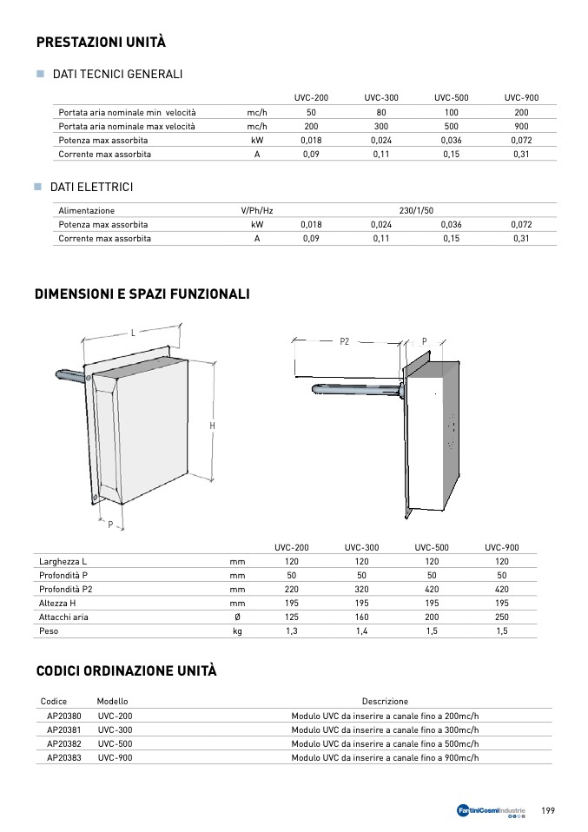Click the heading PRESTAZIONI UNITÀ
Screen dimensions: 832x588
tap(101, 43)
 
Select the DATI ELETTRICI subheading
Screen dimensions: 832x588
tap(91, 188)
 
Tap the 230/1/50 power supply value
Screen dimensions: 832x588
tap(416, 210)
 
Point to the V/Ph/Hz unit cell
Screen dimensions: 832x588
tap(257, 210)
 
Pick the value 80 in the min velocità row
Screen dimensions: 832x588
tap(381, 113)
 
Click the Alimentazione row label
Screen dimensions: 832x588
tap(86, 210)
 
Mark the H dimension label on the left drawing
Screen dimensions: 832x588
tap(212, 426)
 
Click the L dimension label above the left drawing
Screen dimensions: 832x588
tap(133, 333)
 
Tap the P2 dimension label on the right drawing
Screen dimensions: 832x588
tap(345, 341)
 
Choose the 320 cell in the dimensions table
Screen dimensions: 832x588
tap(361, 590)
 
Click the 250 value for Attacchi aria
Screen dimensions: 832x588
tap(502, 617)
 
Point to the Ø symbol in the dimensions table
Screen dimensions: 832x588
tap(237, 617)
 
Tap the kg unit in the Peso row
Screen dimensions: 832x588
tap(237, 631)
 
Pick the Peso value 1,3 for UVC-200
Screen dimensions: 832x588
tap(292, 631)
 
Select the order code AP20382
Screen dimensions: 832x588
tap(63, 743)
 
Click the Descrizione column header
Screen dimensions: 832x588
tap(385, 702)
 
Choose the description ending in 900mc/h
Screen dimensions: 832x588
tap(385, 757)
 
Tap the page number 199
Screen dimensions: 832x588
tap(548, 810)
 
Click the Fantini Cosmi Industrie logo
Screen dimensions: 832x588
tap(491, 811)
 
